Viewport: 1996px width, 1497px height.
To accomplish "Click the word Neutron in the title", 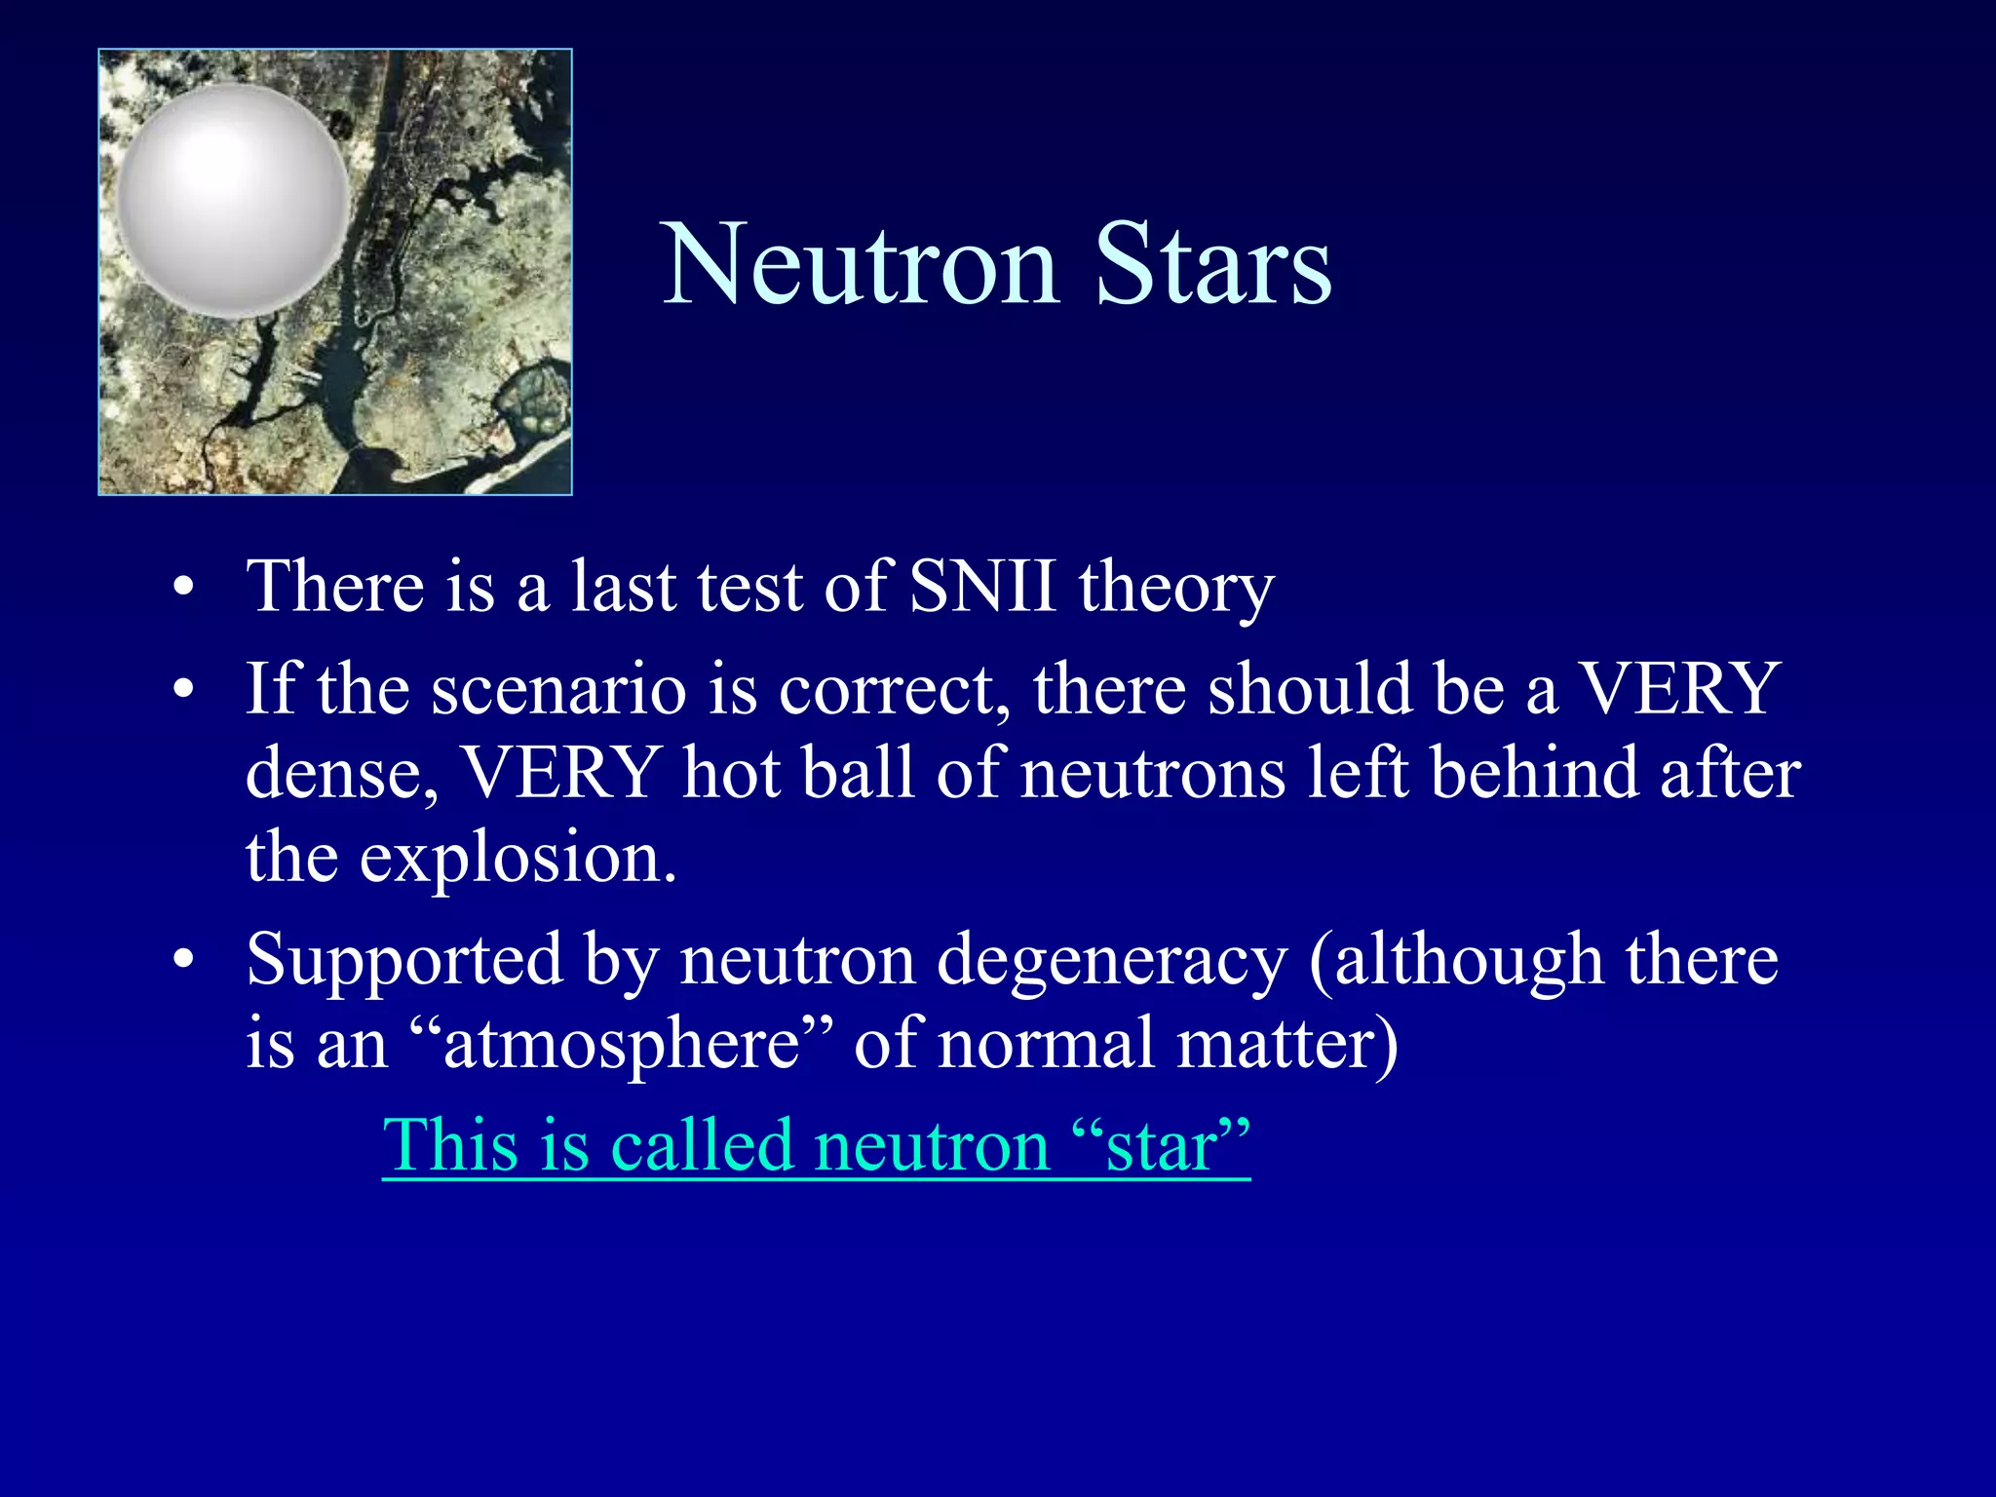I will coord(860,264).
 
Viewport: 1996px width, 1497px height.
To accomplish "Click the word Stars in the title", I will coord(1212,264).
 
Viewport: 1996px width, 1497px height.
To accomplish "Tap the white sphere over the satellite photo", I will coord(233,200).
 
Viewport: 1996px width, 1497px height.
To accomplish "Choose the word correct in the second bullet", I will coord(894,688).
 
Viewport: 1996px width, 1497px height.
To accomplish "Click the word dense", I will coord(341,773).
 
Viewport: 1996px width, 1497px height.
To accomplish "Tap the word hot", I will coord(732,773).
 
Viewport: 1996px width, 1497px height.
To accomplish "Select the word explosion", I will coord(517,858).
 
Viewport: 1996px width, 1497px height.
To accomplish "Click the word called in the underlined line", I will coord(701,1144).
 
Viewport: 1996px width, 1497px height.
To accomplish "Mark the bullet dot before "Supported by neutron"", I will coord(183,960).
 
